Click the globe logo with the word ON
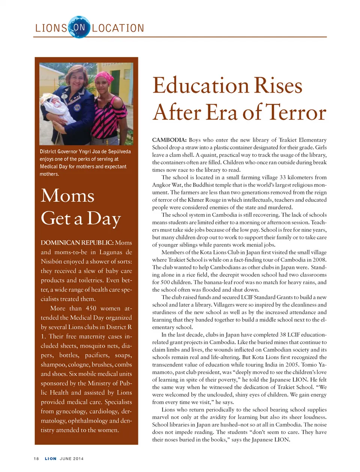79,27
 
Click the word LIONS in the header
51,28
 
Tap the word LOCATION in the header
118,28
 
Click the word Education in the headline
201,85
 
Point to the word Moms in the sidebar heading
67,196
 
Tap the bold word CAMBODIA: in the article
169,140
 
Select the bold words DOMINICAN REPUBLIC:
77,243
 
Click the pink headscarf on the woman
105,78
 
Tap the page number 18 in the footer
36,459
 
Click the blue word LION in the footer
51,459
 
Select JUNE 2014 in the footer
72,459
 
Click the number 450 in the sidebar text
91,308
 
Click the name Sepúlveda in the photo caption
119,152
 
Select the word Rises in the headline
278,85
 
